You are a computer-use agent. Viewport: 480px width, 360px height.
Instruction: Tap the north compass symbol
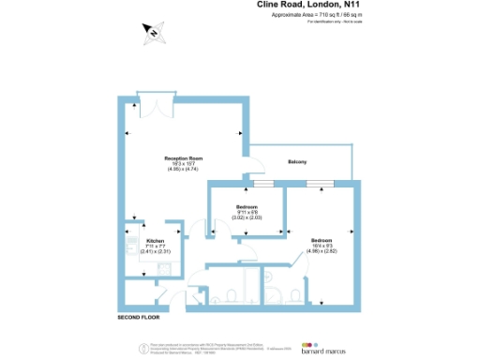pyautogui.click(x=151, y=35)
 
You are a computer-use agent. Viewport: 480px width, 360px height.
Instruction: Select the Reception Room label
pyautogui.click(x=184, y=157)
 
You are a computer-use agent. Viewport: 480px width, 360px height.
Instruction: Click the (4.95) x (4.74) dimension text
pyautogui.click(x=184, y=169)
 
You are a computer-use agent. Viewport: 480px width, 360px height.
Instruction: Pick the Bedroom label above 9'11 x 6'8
pyautogui.click(x=247, y=206)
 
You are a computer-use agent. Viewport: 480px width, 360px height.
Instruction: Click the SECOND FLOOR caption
pyautogui.click(x=140, y=318)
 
